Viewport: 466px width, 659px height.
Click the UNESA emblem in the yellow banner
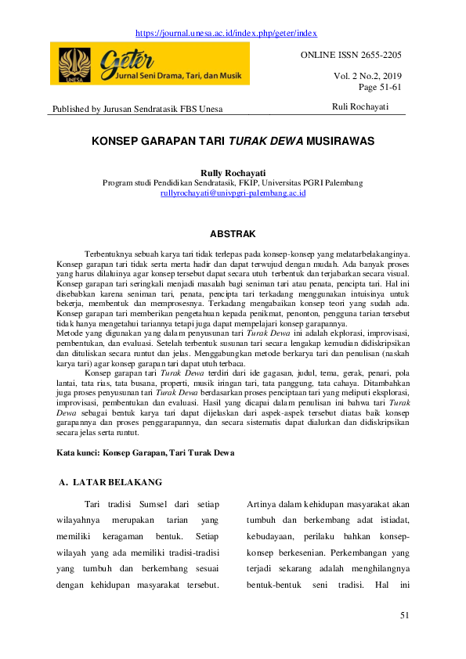(x=74, y=61)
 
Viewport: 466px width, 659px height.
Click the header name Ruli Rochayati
(x=359, y=106)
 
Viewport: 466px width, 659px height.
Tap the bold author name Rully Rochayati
(x=233, y=171)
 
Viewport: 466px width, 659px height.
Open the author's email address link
(x=233, y=192)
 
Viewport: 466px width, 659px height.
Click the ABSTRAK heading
(x=233, y=233)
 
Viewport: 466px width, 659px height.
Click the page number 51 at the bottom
(x=404, y=615)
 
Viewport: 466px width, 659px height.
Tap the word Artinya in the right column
(x=262, y=504)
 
